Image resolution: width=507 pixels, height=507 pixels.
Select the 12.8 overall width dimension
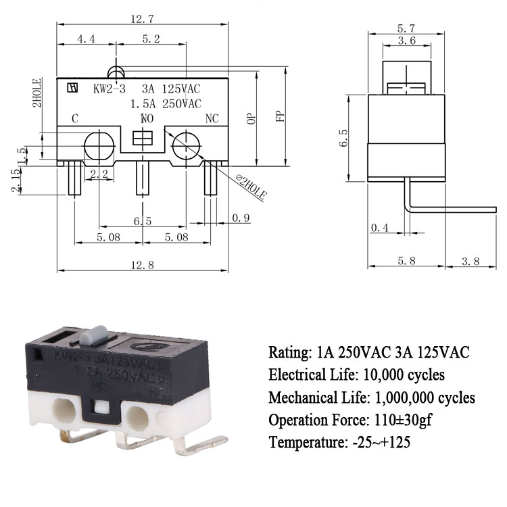coord(144,265)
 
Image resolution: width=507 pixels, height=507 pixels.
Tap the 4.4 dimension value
coord(86,40)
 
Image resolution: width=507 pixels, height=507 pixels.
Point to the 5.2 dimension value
coord(151,40)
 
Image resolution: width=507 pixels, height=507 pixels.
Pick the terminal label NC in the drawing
coord(212,119)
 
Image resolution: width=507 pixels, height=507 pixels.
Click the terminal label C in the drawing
coord(75,119)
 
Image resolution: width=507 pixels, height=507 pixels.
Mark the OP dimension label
coord(251,118)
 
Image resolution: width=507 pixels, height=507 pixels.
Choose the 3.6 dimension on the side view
coord(406,41)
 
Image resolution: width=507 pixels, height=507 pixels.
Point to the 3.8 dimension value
coord(470,261)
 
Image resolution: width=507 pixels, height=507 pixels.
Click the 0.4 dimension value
coord(381,228)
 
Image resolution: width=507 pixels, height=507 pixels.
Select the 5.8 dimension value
coord(406,261)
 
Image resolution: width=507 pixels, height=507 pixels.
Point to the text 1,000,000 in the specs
coord(408,397)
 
